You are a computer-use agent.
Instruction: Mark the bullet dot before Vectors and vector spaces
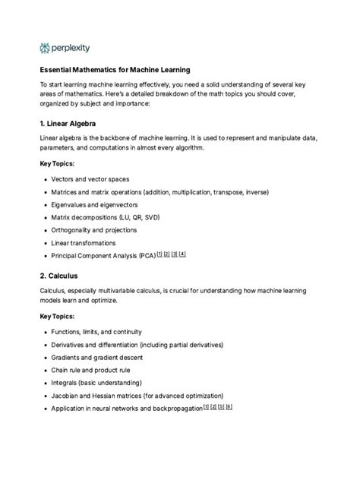point(46,180)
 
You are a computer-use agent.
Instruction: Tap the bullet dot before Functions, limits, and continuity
point(46,334)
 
